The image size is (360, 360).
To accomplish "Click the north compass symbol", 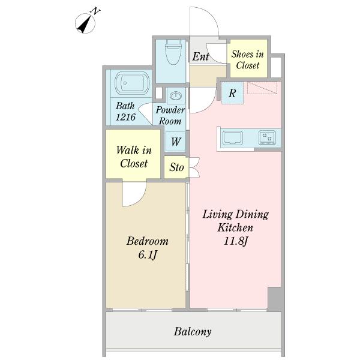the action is pos(85,23).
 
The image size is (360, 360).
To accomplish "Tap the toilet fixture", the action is pos(173,52).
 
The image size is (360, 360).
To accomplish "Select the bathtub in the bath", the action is pos(132,83).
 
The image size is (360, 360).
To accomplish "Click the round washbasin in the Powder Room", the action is pos(176,95).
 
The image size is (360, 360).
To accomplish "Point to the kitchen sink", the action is pos(232,138).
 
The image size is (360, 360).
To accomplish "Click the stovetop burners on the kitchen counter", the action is pos(267,137).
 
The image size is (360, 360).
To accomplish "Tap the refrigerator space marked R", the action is pos(232,93).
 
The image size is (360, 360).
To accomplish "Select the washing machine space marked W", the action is pos(176,142).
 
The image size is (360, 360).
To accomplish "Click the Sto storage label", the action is pos(176,167).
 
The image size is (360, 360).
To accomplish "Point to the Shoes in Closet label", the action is pos(247,59).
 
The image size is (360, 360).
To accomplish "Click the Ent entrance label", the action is pos(200,56).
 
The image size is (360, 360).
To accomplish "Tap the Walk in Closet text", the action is pos(134,157).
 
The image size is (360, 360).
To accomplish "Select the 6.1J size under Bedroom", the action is pos(148,254).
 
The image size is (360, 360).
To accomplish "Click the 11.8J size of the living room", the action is pos(236,241).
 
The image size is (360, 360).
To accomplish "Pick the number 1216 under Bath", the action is pos(125,117).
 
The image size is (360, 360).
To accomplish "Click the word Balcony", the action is pos(193,332).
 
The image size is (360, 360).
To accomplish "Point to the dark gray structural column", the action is pos(275,298).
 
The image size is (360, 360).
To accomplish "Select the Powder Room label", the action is pos(170,115).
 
